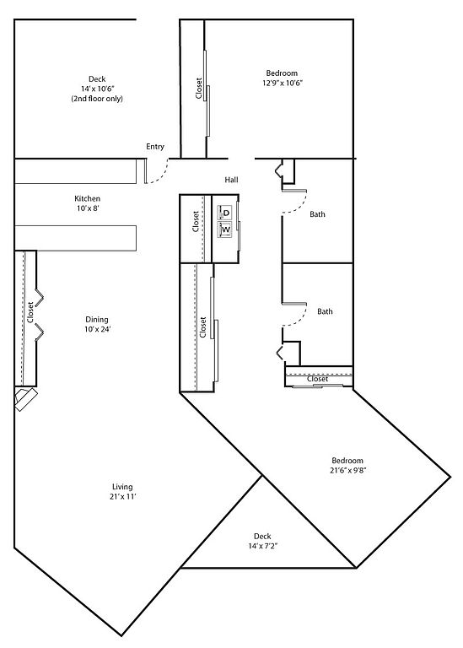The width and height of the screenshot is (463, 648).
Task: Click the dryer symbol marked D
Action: point(225,213)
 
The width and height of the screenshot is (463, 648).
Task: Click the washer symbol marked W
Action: point(225,229)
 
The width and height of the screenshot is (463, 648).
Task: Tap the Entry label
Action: point(155,146)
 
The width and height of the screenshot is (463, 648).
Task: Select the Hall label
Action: point(231,180)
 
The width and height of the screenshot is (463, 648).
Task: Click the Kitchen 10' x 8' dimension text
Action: point(88,208)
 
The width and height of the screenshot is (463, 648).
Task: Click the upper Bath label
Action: point(317,214)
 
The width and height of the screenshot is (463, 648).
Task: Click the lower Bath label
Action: point(325,311)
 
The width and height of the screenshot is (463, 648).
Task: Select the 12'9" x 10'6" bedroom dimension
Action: point(283,83)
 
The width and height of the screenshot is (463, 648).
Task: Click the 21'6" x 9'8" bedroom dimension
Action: point(348,470)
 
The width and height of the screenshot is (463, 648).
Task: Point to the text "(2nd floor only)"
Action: point(97,99)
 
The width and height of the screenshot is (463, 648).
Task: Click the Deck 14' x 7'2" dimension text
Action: point(262,546)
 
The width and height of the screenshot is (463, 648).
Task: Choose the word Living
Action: point(122,487)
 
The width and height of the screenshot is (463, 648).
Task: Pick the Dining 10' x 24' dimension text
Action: point(97,329)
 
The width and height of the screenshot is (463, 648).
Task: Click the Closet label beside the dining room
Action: point(30,312)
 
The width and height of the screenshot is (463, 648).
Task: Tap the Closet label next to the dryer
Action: point(196,222)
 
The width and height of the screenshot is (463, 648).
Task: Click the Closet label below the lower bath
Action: point(318,379)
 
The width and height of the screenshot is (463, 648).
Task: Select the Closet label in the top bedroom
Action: point(199,89)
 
